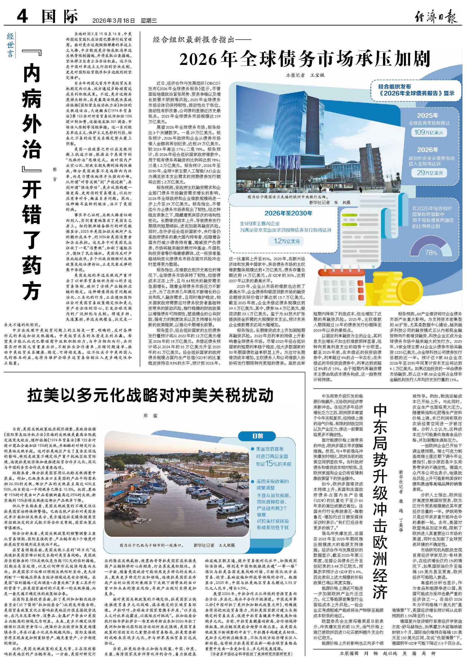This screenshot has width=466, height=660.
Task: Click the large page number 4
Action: [22, 16]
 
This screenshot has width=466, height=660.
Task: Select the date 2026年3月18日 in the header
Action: [114, 21]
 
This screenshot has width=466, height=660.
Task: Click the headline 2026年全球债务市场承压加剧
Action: [305, 59]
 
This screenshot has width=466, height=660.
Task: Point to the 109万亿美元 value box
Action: [428, 132]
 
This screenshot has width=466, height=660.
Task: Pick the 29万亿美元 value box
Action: [429, 173]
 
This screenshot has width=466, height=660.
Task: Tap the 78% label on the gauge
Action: [431, 252]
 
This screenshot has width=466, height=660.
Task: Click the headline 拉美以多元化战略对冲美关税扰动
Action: [151, 395]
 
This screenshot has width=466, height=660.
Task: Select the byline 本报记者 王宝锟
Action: [305, 75]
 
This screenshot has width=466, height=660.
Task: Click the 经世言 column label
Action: [10, 45]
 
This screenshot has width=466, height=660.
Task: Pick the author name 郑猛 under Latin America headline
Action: [151, 416]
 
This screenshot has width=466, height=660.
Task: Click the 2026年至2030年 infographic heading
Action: [288, 213]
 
